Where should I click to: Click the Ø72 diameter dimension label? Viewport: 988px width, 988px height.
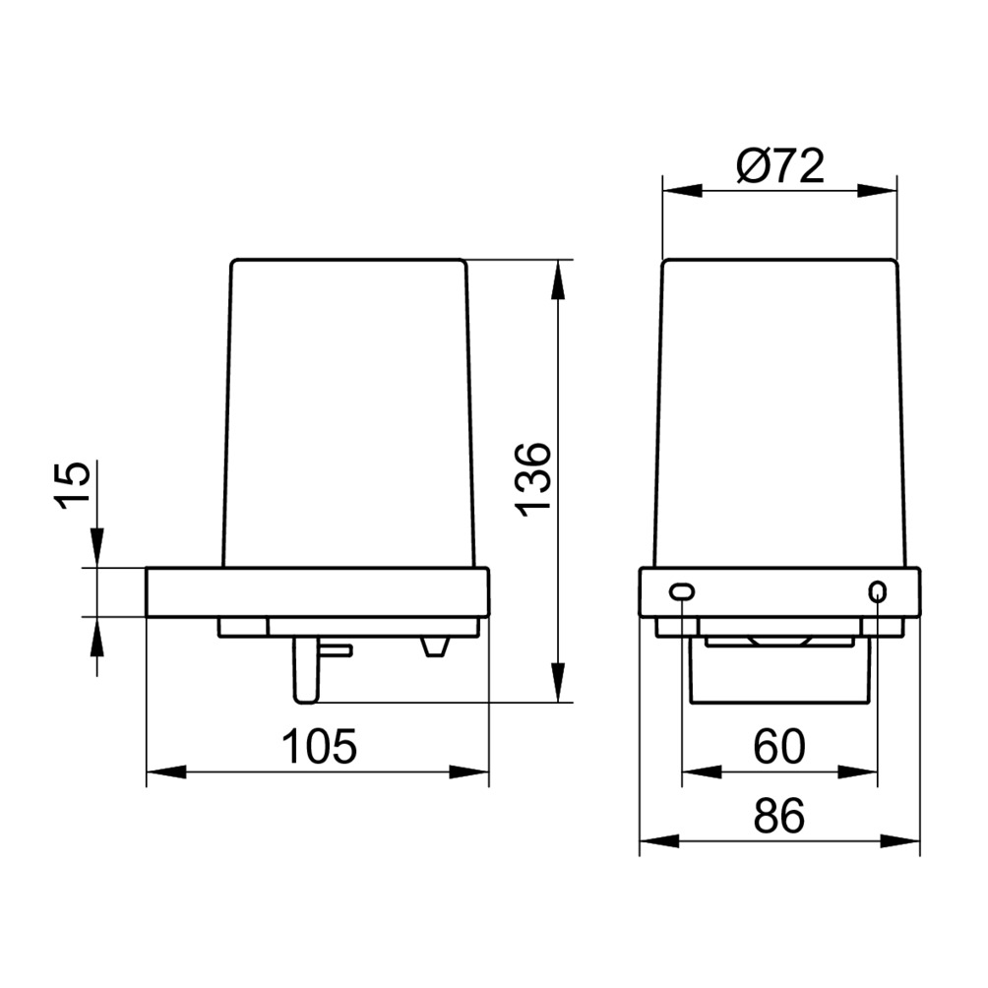point(780,166)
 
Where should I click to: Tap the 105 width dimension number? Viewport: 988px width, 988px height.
point(319,746)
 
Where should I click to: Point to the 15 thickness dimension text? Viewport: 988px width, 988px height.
point(73,485)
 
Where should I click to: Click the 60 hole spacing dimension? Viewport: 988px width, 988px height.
point(779,746)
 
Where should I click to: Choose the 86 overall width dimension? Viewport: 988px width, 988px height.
point(779,816)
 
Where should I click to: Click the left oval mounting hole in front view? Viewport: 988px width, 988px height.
point(682,591)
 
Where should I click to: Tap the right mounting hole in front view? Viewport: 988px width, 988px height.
point(877,591)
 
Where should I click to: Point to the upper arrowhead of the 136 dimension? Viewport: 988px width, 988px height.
point(558,279)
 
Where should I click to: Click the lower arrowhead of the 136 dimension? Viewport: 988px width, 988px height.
point(558,682)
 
